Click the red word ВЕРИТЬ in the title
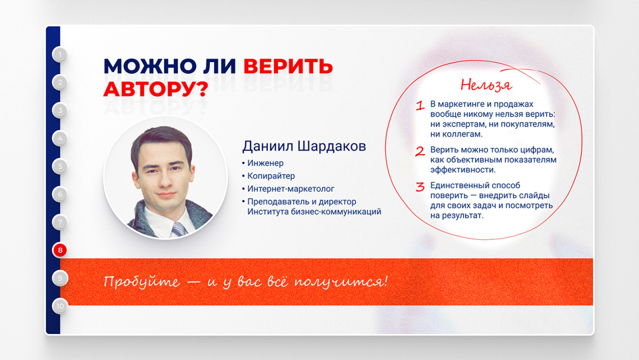(288, 66)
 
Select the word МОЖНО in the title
(150, 66)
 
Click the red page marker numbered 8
(60, 250)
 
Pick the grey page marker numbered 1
(60, 54)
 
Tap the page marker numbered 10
(60, 306)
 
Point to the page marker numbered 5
(60, 166)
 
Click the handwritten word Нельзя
(486, 85)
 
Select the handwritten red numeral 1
(420, 106)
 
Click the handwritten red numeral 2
(420, 152)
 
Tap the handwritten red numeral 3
(420, 187)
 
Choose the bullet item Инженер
(265, 163)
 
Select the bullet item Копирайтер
(271, 176)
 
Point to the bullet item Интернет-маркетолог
(291, 189)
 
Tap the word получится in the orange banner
(340, 282)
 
